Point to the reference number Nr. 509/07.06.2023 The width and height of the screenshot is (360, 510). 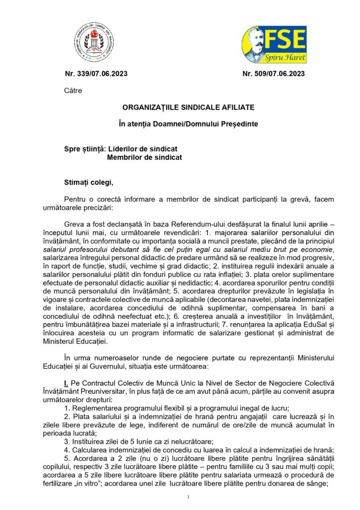point(273,74)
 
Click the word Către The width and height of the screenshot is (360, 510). point(73,91)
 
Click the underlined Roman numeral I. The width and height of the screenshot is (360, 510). point(66,382)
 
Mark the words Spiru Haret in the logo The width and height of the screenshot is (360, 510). point(288,58)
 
